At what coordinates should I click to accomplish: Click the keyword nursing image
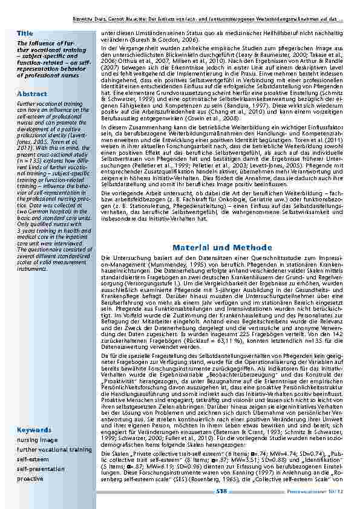click(x=37, y=440)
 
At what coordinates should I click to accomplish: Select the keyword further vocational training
click(x=54, y=450)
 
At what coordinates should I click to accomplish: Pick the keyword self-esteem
click(x=31, y=459)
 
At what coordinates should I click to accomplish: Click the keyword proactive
click(x=30, y=478)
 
